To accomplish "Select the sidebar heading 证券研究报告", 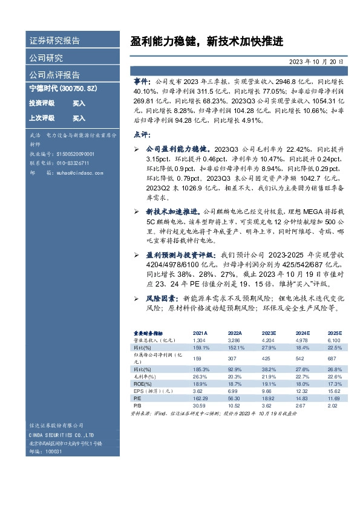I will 54,42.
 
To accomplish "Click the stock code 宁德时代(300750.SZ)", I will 63,88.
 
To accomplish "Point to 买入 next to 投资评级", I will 79,103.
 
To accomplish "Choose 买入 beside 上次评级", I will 79,118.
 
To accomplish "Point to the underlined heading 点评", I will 140,134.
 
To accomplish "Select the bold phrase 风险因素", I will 162,298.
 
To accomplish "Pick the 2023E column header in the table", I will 269,334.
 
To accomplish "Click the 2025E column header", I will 335,334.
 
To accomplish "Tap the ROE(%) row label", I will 142,384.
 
